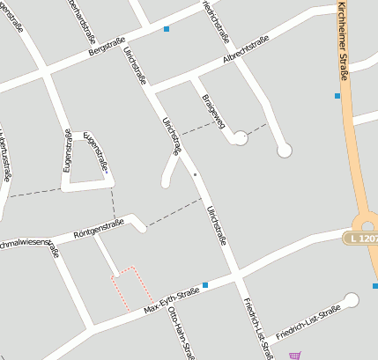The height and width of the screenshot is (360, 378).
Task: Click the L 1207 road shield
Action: [362, 239]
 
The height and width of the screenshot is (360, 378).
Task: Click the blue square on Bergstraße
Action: [166, 29]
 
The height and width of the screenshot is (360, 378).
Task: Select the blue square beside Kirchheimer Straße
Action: [337, 95]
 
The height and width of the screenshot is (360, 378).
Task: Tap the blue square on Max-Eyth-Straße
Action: [205, 284]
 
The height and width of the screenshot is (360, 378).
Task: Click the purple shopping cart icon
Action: [294, 356]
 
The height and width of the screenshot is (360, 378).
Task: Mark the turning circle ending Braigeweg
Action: [239, 136]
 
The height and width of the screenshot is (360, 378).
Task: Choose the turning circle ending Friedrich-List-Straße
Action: [352, 300]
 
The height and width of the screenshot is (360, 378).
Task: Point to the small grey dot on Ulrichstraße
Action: [196, 175]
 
